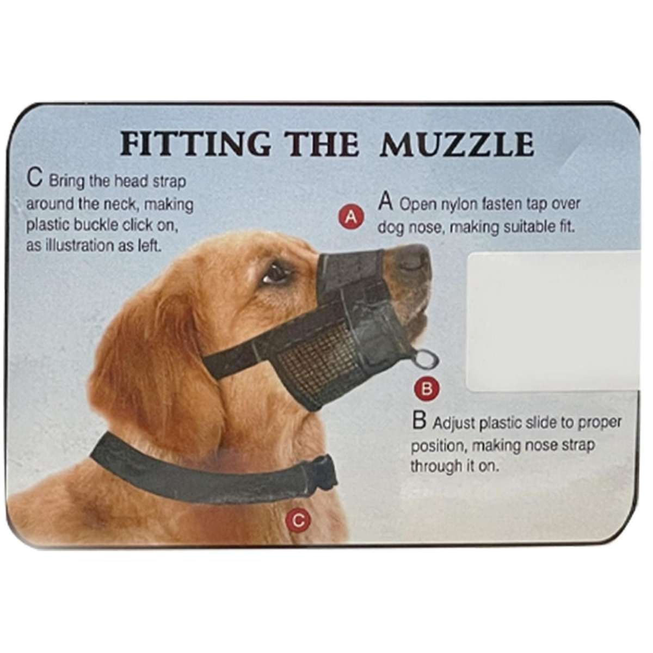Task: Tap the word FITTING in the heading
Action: (195, 144)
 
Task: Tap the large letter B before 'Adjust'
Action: (419, 421)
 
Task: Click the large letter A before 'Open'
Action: (386, 202)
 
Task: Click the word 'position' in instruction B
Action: (438, 446)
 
